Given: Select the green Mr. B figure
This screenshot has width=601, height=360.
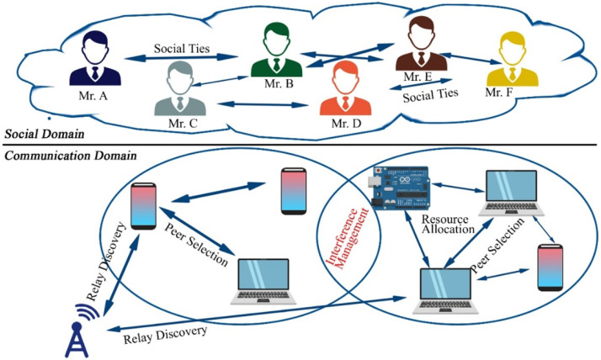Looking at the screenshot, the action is click(276, 50).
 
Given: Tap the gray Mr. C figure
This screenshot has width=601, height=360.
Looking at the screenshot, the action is click(180, 89).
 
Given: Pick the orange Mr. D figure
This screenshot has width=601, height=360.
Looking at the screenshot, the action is click(345, 88).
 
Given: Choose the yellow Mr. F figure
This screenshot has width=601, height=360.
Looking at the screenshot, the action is click(513, 59).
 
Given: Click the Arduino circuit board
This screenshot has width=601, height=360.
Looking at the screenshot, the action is click(398, 188).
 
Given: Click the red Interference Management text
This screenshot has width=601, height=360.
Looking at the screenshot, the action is click(347, 237).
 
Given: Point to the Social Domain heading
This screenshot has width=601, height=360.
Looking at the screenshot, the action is click(45, 134).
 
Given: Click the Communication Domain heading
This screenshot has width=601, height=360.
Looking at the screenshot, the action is click(71, 156).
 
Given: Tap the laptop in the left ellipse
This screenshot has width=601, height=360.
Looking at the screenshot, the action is click(263, 282).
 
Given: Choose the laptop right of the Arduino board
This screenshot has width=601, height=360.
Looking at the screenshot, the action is click(511, 193).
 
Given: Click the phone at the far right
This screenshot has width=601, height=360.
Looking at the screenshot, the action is click(550, 267).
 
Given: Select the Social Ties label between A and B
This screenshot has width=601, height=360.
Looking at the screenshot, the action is click(182, 49).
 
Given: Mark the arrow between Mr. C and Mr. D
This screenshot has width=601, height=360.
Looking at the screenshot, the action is click(263, 104).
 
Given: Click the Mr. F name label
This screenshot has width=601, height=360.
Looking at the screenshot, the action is click(499, 93).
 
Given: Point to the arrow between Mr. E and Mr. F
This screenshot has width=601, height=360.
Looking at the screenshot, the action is click(471, 59).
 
